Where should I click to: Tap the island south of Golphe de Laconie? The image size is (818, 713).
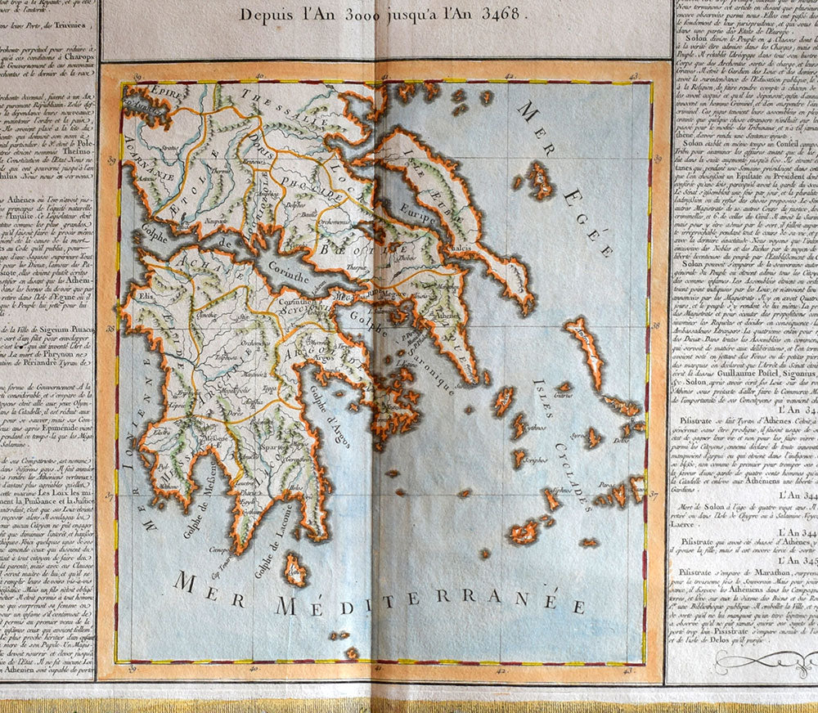point(294,569)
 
